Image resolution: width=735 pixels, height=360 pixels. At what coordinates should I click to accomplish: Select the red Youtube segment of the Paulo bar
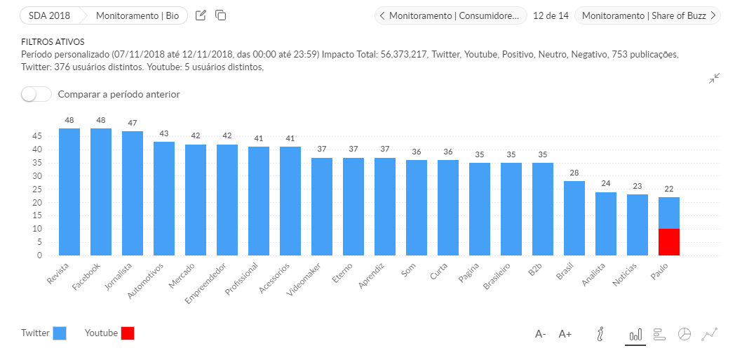(669, 242)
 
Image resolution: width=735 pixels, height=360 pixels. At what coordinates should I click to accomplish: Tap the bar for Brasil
(574, 218)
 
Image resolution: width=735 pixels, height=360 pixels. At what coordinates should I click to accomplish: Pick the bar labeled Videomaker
(322, 206)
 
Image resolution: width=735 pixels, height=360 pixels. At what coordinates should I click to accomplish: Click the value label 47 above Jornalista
(133, 123)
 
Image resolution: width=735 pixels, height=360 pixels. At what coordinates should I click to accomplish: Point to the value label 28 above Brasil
(574, 173)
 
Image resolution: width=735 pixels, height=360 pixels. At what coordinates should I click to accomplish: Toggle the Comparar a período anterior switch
(36, 94)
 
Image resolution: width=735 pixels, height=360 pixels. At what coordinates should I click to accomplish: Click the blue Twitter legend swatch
(60, 333)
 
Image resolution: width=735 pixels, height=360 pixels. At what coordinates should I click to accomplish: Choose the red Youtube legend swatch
(127, 333)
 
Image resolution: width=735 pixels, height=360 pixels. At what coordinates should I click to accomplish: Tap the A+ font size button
(565, 334)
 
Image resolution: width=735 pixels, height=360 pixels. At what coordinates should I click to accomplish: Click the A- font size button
(541, 334)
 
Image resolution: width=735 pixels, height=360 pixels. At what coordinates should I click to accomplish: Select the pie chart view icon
(685, 334)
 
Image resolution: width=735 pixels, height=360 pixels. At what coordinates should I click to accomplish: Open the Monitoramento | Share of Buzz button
(647, 15)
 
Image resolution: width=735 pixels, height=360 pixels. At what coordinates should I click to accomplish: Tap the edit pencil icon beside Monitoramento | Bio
(201, 15)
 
